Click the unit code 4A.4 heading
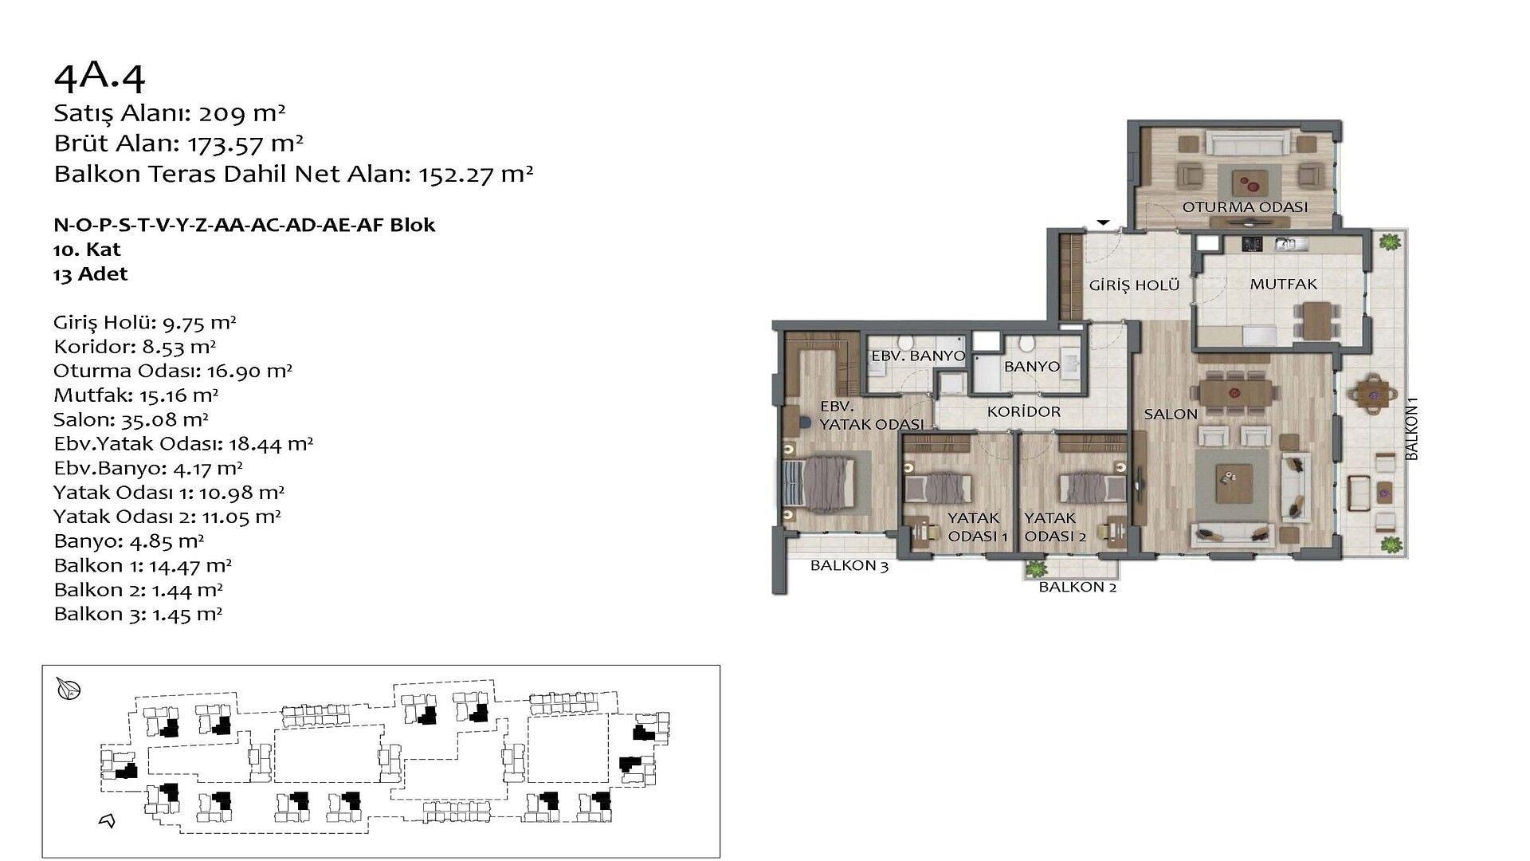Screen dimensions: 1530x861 click(x=100, y=77)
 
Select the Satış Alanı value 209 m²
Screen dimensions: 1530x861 click(x=242, y=113)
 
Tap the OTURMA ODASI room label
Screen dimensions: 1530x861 click(x=1245, y=207)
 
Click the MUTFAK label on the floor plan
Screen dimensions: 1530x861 click(x=1283, y=284)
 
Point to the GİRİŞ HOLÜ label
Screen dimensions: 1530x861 click(x=1135, y=285)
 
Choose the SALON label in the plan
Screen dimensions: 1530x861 click(x=1171, y=414)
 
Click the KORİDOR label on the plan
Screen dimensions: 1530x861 click(x=1024, y=411)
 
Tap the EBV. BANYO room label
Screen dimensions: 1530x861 click(x=918, y=356)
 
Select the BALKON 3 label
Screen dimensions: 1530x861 click(x=849, y=566)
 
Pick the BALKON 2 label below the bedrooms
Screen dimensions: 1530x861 click(x=1077, y=588)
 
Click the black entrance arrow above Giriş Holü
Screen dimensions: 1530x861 click(x=1103, y=223)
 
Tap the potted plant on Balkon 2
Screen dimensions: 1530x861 click(x=1036, y=569)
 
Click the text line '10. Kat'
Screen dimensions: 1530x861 click(x=87, y=250)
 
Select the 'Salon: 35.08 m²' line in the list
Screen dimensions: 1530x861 click(x=131, y=419)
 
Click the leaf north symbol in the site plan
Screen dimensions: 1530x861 click(x=69, y=689)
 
